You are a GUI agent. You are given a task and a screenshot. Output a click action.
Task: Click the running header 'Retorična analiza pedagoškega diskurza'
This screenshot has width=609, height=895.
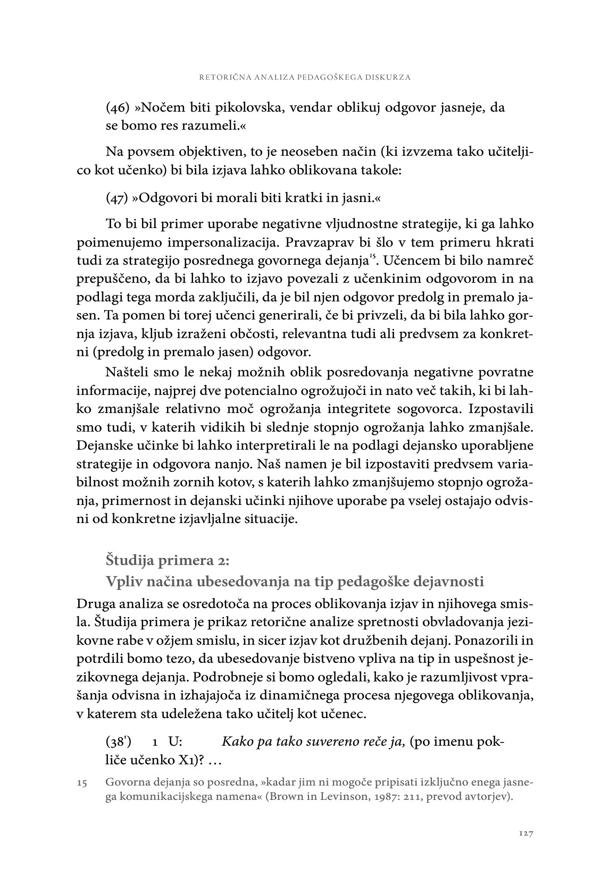coord(304,77)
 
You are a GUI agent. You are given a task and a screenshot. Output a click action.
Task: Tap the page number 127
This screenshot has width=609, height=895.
coord(525,833)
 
